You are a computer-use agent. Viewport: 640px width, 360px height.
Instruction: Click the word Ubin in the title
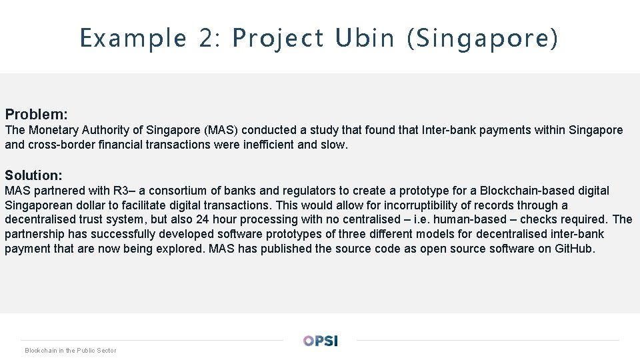pos(365,38)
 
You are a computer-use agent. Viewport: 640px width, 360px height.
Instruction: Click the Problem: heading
pos(37,115)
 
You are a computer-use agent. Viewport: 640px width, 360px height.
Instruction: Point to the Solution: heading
pos(34,175)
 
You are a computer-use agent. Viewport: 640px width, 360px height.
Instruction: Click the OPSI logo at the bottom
pos(321,340)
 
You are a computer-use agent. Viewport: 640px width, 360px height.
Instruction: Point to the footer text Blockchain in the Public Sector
pos(70,350)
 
